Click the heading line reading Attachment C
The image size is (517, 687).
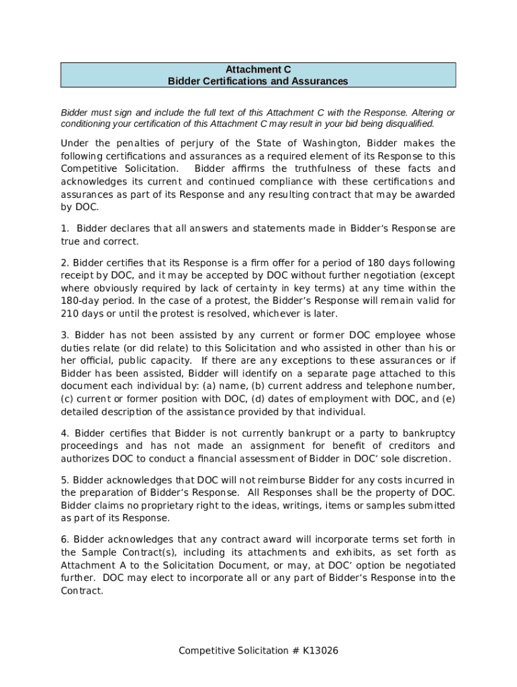pos(258,69)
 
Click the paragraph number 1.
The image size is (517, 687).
pos(64,229)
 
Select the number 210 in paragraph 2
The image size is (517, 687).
pos(69,314)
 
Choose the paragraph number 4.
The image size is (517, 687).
pos(64,433)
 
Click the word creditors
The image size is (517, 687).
pos(430,446)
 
